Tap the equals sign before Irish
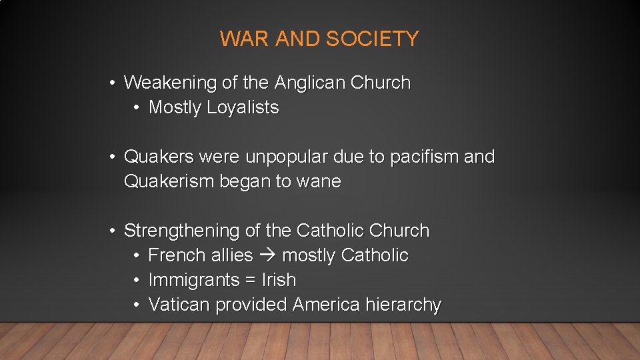click(x=251, y=281)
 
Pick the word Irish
click(x=279, y=280)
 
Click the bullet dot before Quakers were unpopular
click(x=115, y=157)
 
